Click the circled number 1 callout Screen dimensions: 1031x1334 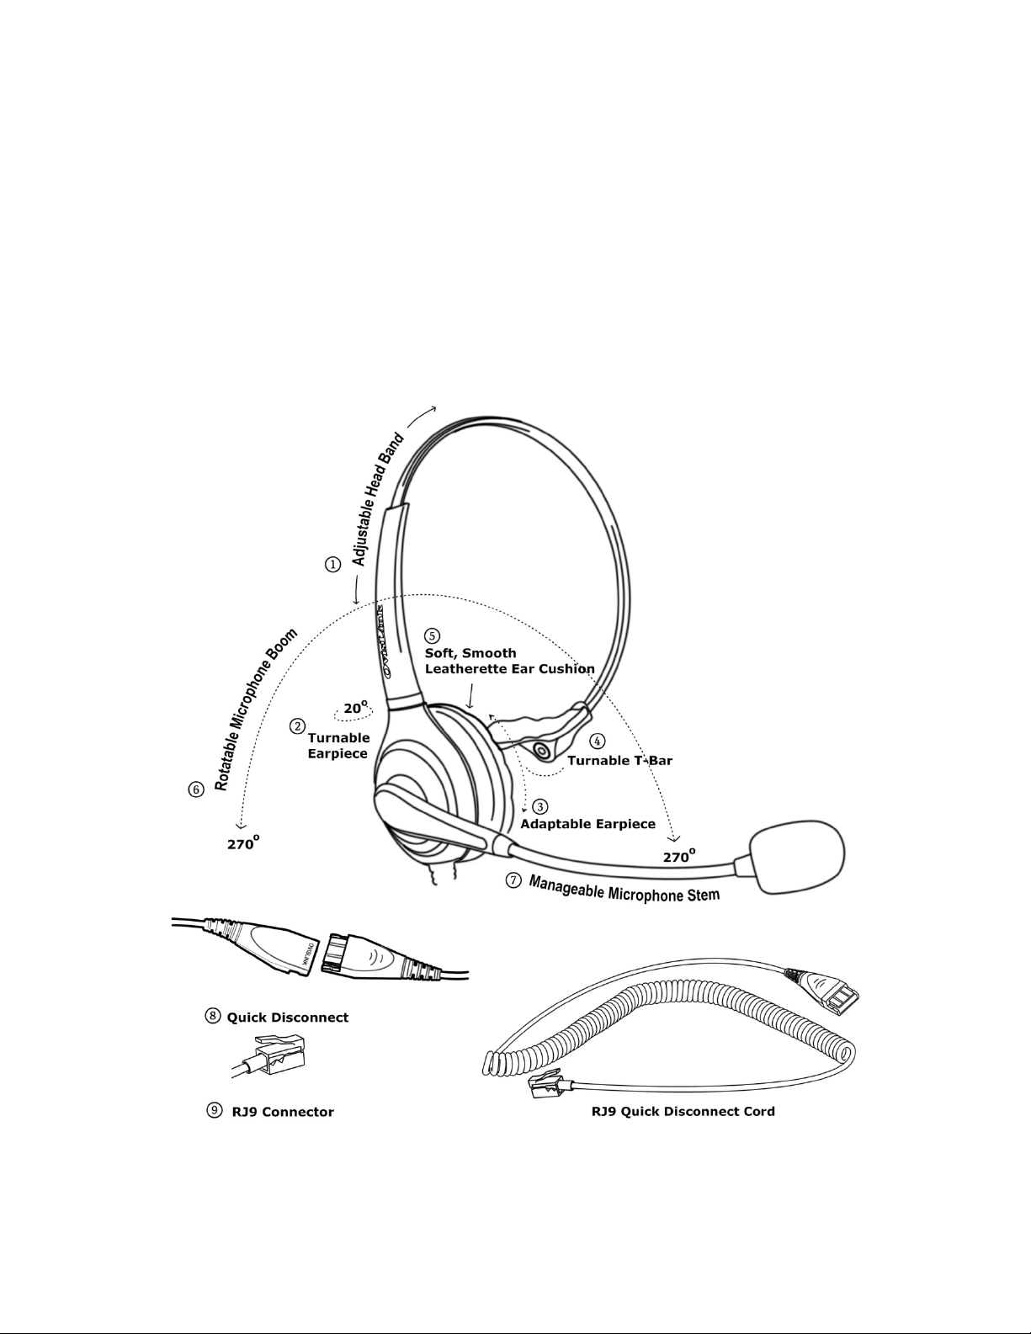334,565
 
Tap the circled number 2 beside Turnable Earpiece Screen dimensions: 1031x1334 297,725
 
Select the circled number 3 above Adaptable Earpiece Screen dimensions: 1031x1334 540,806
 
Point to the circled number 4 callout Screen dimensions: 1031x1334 597,741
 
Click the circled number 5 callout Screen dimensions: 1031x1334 433,635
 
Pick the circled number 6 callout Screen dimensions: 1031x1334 195,789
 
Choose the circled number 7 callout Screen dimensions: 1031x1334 513,880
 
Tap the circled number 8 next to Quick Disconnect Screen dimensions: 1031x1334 214,1016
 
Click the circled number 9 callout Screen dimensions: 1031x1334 215,1110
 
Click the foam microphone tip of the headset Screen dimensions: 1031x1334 796,858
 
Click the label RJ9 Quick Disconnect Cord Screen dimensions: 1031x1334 683,1111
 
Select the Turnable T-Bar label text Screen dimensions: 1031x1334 620,761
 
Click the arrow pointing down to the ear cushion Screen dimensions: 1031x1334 470,695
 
